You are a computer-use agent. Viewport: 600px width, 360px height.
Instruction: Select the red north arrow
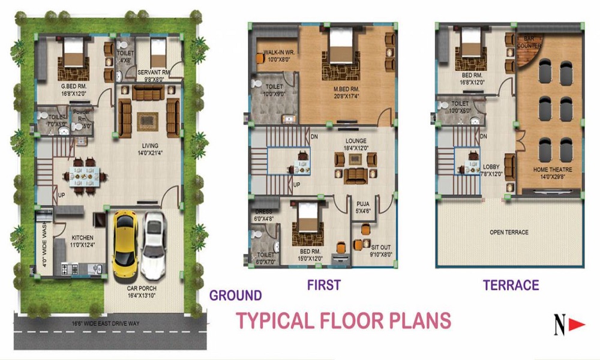click(577, 325)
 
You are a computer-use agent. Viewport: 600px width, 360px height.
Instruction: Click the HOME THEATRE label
click(553, 170)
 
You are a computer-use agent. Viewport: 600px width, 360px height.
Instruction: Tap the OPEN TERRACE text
click(509, 232)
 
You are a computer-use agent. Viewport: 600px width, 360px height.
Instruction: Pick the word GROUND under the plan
click(235, 295)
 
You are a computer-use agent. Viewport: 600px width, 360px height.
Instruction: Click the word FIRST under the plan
click(323, 284)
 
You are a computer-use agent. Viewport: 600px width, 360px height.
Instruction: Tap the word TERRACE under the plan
click(511, 285)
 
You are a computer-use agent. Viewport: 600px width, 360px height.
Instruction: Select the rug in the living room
click(147, 121)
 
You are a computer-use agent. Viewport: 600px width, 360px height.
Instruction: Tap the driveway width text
click(106, 325)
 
